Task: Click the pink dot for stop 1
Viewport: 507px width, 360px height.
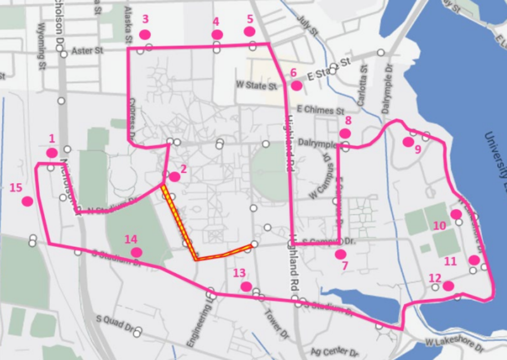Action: click(52, 153)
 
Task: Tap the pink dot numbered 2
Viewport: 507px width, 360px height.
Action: click(175, 177)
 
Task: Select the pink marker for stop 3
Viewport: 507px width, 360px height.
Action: click(145, 34)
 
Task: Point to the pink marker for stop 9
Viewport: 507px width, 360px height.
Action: click(407, 142)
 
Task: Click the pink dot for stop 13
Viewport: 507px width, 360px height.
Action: click(246, 286)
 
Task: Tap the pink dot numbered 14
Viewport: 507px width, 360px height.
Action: click(136, 252)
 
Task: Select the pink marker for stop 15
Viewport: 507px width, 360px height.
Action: click(27, 201)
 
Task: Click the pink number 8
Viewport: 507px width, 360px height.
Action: click(348, 120)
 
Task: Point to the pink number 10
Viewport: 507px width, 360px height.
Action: click(439, 225)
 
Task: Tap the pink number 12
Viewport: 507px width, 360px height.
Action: click(434, 278)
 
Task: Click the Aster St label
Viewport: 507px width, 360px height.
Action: click(87, 51)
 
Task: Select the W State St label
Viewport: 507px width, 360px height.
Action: click(257, 86)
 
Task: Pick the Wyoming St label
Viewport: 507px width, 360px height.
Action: click(41, 43)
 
